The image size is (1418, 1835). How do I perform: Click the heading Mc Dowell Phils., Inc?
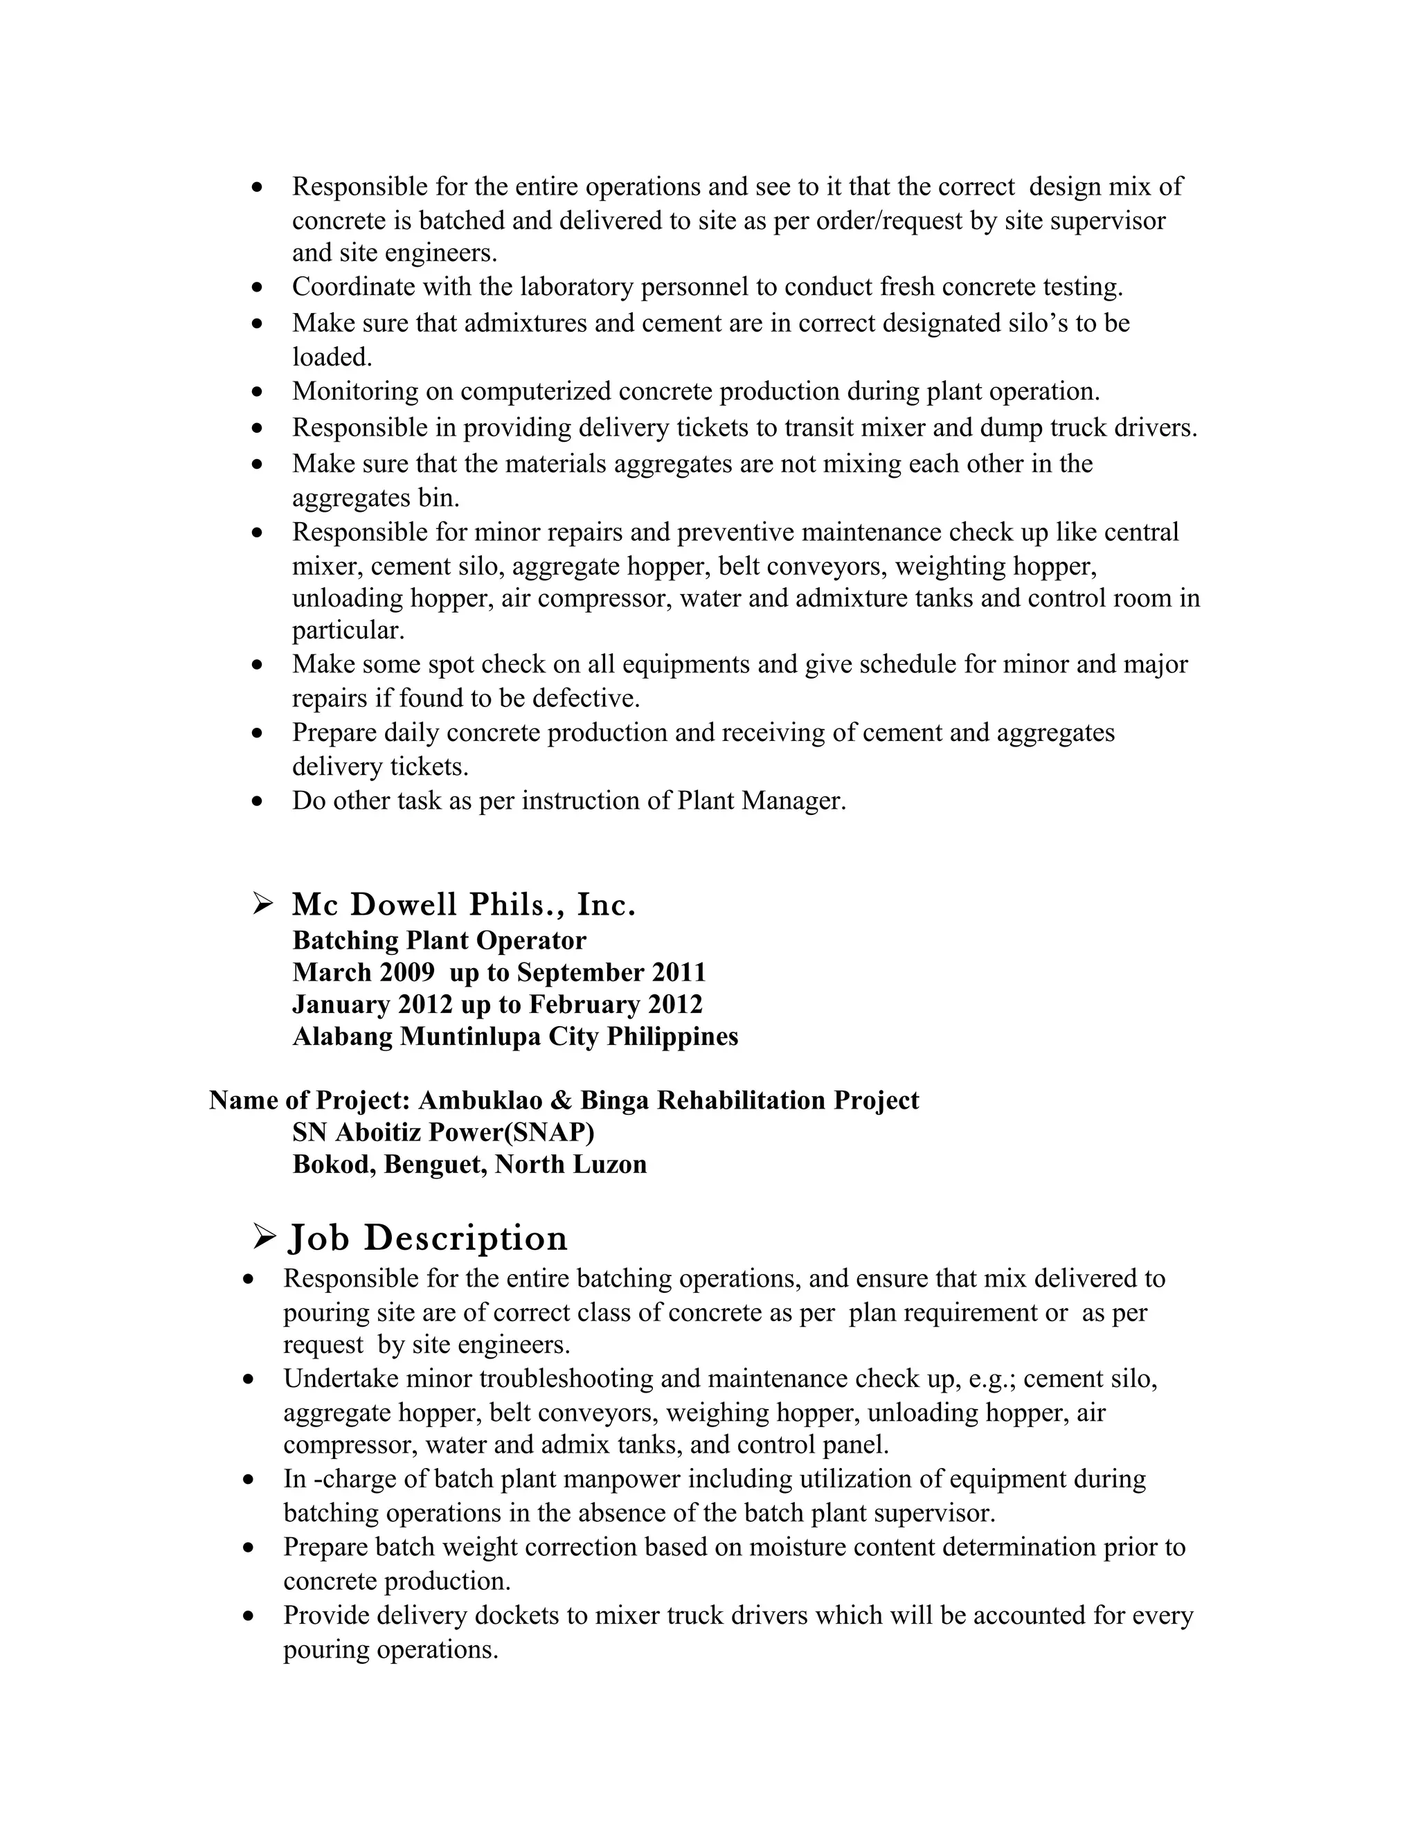pyautogui.click(x=464, y=905)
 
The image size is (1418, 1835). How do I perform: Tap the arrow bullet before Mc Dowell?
pyautogui.click(x=263, y=904)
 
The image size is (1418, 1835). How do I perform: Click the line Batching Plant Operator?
pyautogui.click(x=438, y=940)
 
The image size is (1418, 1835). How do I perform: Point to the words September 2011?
pyautogui.click(x=611, y=972)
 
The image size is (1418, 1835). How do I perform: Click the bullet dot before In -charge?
pyautogui.click(x=248, y=1480)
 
